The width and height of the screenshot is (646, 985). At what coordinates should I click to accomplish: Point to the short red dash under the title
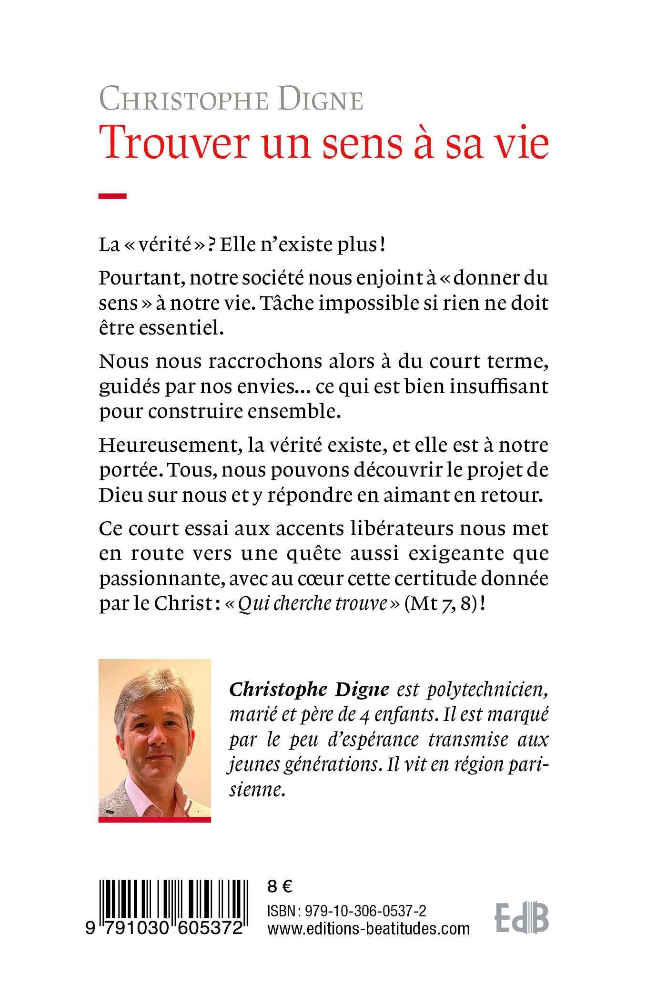pos(112,195)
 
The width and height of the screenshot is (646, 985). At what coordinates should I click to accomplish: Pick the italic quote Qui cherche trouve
pos(313,604)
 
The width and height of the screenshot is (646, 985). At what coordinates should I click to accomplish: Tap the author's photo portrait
pos(154,738)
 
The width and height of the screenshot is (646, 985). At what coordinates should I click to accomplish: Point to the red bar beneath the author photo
pos(154,820)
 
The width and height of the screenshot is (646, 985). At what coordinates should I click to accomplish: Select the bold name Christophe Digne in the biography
pos(309,690)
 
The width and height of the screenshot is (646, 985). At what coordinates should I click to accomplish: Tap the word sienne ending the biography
pos(257,790)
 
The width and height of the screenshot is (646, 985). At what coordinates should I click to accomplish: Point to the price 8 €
pos(280,886)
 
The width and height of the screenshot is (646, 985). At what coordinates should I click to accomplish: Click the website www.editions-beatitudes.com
pos(368,929)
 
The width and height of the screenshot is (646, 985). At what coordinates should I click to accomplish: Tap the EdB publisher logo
pos(522,917)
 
